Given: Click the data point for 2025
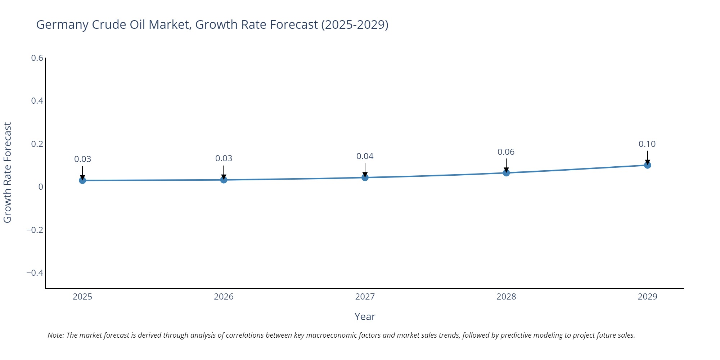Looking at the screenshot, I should point(82,180).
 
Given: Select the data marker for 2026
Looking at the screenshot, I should point(224,180).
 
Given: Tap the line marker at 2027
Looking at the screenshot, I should point(365,177).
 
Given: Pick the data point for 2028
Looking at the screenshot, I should point(506,173).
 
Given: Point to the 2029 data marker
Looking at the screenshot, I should point(647,165).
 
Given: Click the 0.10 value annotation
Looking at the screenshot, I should point(647,144).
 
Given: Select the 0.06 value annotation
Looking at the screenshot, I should point(506,152).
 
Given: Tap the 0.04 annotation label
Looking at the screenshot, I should point(365,156).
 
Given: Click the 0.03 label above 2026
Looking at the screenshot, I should point(224,158).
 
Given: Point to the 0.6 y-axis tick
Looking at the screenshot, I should point(37,58).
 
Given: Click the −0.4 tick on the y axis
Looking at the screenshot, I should point(35,273).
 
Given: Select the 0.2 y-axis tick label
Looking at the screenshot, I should point(37,144).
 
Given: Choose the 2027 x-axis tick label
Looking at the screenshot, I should point(365,297).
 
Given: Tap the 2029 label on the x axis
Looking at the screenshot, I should point(647,297).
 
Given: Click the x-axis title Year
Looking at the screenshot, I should point(365,316).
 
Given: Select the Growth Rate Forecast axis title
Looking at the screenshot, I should point(8,173).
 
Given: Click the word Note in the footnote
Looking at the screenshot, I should point(55,335).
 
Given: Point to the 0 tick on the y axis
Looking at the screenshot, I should point(41,187).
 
